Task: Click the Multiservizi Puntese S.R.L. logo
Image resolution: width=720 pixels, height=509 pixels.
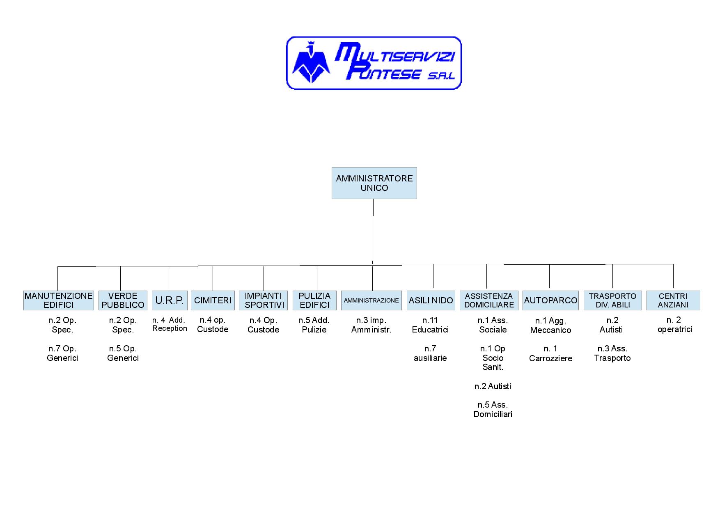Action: pyautogui.click(x=374, y=63)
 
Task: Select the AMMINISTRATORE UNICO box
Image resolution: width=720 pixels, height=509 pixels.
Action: pyautogui.click(x=374, y=183)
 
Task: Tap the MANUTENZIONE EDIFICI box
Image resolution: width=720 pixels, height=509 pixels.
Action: pyautogui.click(x=59, y=300)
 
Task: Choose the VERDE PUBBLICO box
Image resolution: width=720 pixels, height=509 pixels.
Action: pyautogui.click(x=123, y=300)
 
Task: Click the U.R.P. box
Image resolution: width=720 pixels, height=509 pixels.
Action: pyautogui.click(x=170, y=300)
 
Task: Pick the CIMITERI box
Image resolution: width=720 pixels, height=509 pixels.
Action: pyautogui.click(x=213, y=300)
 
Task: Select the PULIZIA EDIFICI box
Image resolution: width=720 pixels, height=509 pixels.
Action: pyautogui.click(x=314, y=300)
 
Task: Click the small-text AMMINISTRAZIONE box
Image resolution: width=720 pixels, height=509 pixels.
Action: pyautogui.click(x=371, y=300)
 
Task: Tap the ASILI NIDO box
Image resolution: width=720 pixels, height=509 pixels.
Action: pyautogui.click(x=431, y=300)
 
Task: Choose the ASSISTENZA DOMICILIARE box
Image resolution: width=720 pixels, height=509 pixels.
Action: pyautogui.click(x=489, y=300)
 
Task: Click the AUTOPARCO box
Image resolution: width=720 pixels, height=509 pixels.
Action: pyautogui.click(x=550, y=300)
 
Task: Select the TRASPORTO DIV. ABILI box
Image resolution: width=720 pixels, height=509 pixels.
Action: pyautogui.click(x=612, y=300)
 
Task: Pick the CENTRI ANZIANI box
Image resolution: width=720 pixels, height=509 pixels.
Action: pyautogui.click(x=673, y=300)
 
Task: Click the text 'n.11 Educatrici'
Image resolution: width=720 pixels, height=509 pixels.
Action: pyautogui.click(x=430, y=325)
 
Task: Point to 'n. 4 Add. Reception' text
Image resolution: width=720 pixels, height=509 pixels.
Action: pyautogui.click(x=170, y=324)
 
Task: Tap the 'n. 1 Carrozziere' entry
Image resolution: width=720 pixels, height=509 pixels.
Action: pyautogui.click(x=550, y=353)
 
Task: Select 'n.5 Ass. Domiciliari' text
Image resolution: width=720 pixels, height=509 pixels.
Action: pyautogui.click(x=493, y=410)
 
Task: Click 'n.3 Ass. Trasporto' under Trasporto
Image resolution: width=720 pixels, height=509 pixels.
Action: pyautogui.click(x=612, y=353)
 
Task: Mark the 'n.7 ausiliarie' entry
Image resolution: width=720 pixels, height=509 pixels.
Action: pyautogui.click(x=430, y=353)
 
